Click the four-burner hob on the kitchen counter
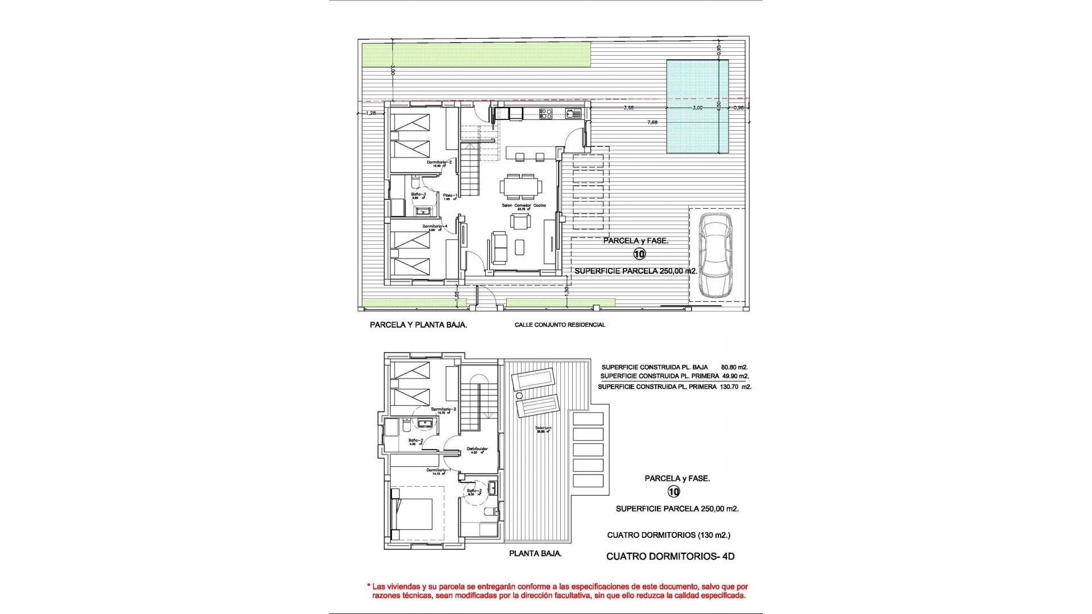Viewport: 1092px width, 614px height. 545,114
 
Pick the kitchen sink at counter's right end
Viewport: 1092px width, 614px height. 570,114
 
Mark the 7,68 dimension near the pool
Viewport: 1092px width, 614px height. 653,122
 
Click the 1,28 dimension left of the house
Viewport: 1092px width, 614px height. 371,113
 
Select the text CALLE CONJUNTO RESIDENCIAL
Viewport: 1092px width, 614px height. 560,325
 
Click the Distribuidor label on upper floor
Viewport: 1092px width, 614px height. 477,449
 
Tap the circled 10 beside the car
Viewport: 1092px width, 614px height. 639,254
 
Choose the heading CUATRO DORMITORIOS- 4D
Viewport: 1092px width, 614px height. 670,557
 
